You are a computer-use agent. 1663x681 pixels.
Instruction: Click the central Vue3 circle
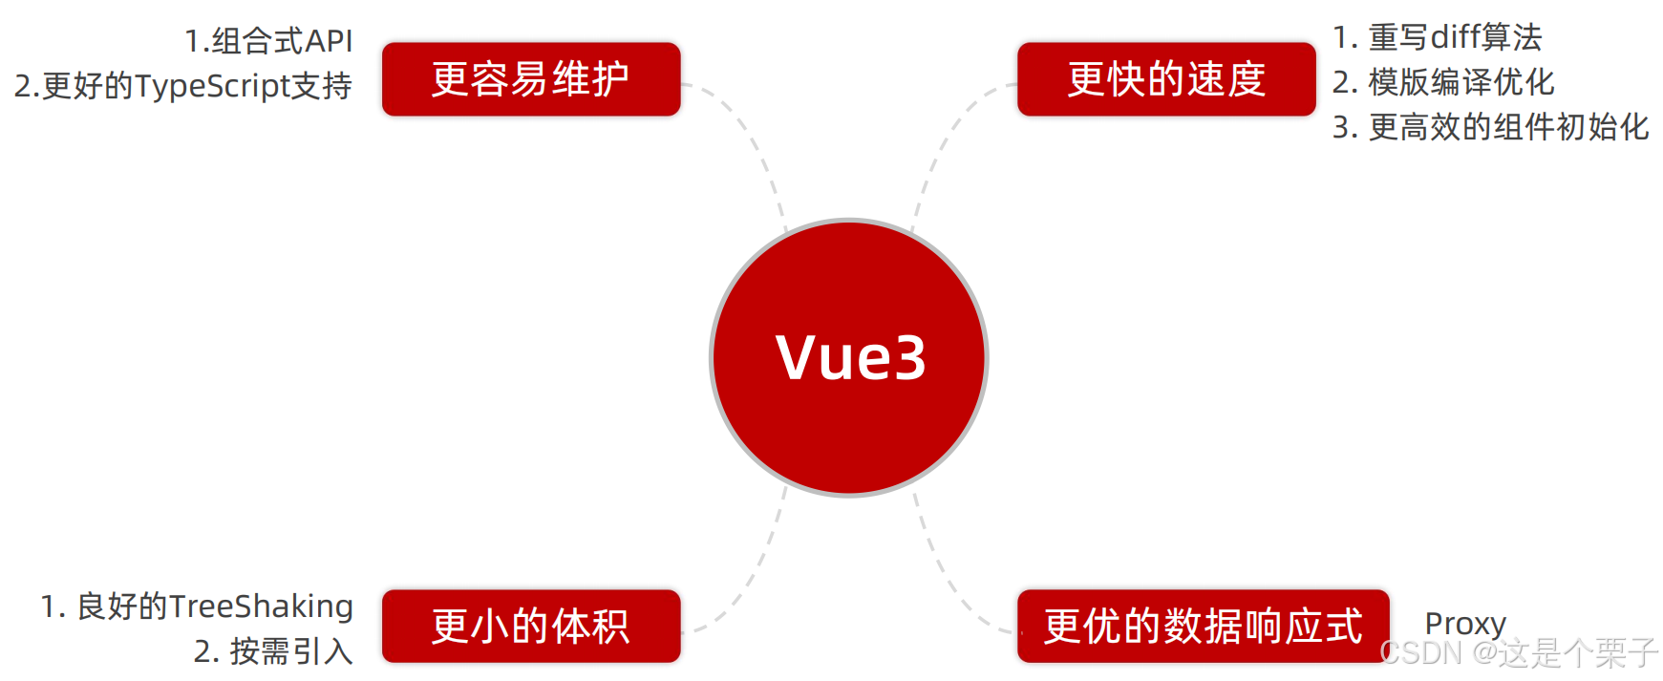[x=848, y=358]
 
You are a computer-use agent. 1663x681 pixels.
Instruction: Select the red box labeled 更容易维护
[x=531, y=79]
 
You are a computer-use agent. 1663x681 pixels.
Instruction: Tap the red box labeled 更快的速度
[x=1166, y=79]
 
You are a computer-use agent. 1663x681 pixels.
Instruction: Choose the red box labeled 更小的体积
[x=531, y=627]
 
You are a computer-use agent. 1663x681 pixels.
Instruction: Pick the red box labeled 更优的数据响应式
[x=1203, y=627]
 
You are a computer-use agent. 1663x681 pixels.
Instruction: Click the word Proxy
[x=1465, y=624]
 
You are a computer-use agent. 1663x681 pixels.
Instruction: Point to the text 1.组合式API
[x=268, y=41]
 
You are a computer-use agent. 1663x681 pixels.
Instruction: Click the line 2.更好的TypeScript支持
[x=183, y=86]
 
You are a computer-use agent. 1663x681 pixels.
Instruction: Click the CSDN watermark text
[x=1519, y=653]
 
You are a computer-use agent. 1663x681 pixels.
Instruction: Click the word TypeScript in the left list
[x=212, y=86]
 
